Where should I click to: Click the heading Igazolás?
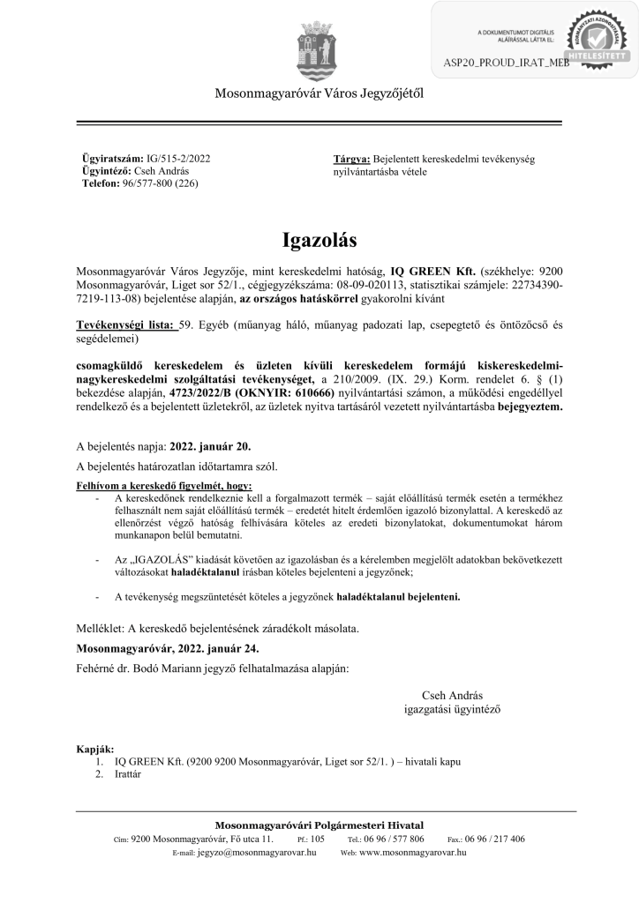(319, 240)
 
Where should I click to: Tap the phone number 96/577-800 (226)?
(158, 184)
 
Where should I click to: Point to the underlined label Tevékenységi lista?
(125, 325)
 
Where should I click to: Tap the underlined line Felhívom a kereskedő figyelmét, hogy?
(164, 486)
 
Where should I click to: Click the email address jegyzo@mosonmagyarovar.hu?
(257, 853)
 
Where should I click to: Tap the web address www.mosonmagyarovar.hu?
(413, 853)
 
